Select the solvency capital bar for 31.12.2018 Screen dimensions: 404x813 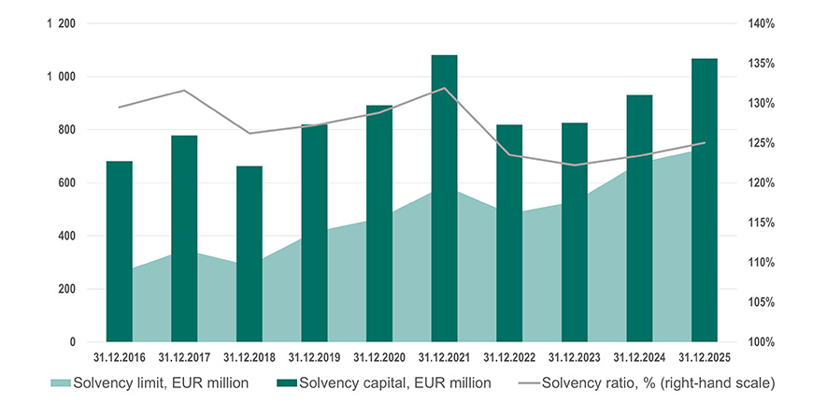pos(250,253)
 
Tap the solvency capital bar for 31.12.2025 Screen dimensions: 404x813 pos(705,200)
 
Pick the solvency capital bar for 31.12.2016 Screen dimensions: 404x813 pos(120,252)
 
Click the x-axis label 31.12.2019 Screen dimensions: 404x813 pos(315,356)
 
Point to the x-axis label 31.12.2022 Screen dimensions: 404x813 pos(510,356)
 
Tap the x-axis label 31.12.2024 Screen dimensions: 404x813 pos(640,356)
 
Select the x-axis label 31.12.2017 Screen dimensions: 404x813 pos(185,356)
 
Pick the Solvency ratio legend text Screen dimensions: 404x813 pos(658,382)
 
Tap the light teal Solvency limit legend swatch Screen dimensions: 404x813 pos(60,382)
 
